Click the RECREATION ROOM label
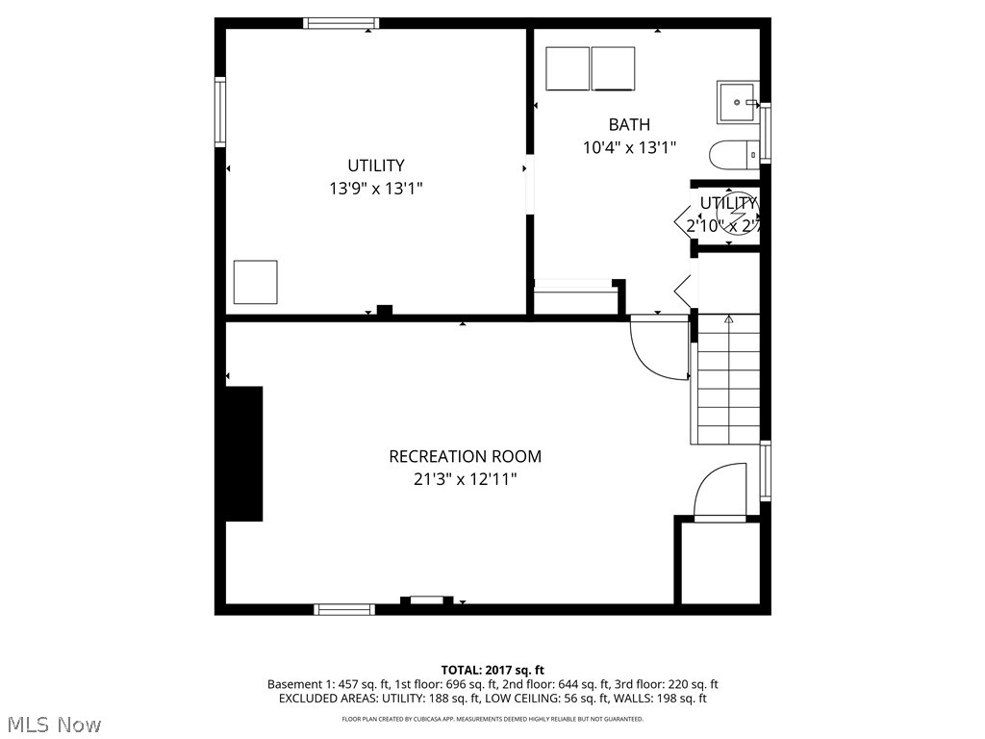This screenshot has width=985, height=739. coord(465,456)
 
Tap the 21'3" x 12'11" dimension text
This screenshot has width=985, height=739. coord(465,478)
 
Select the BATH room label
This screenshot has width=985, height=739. coord(629,125)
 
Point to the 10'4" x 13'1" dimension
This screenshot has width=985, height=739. coord(629,148)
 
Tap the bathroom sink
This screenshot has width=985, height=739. coord(738,102)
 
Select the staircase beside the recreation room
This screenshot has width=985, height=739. coord(727,380)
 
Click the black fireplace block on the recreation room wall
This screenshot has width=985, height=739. coord(244,454)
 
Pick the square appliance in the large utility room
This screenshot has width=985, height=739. coord(256,282)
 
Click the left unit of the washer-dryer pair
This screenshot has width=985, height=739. coord(568,68)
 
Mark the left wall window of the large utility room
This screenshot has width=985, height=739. coord(220,112)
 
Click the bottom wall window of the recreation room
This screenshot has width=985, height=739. coord(344,609)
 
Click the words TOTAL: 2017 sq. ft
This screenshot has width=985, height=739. coord(492,670)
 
